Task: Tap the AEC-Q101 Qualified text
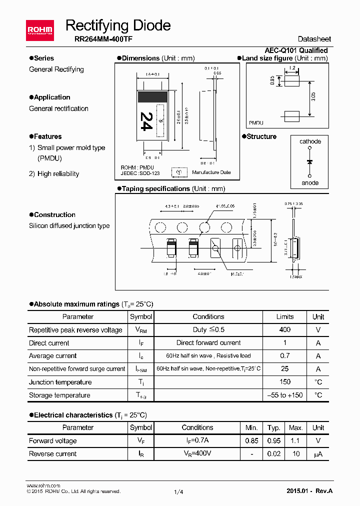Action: [296, 50]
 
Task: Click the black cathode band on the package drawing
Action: [152, 96]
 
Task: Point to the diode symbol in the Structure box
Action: [310, 162]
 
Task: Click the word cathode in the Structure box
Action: [310, 141]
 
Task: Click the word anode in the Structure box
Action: [310, 182]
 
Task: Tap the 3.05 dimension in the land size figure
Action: [313, 97]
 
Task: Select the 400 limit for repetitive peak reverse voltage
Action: [284, 330]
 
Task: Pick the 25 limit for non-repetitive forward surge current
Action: [284, 369]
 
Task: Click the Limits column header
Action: [284, 317]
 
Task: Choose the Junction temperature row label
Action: [60, 382]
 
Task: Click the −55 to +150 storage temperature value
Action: [284, 395]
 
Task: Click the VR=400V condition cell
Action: [197, 454]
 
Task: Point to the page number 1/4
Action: [179, 492]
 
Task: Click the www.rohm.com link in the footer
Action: [43, 485]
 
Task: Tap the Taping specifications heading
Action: [156, 188]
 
